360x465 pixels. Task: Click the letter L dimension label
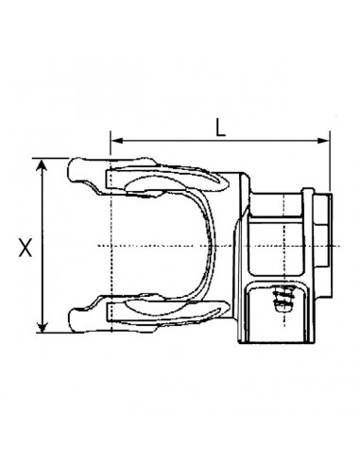(x=220, y=126)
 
